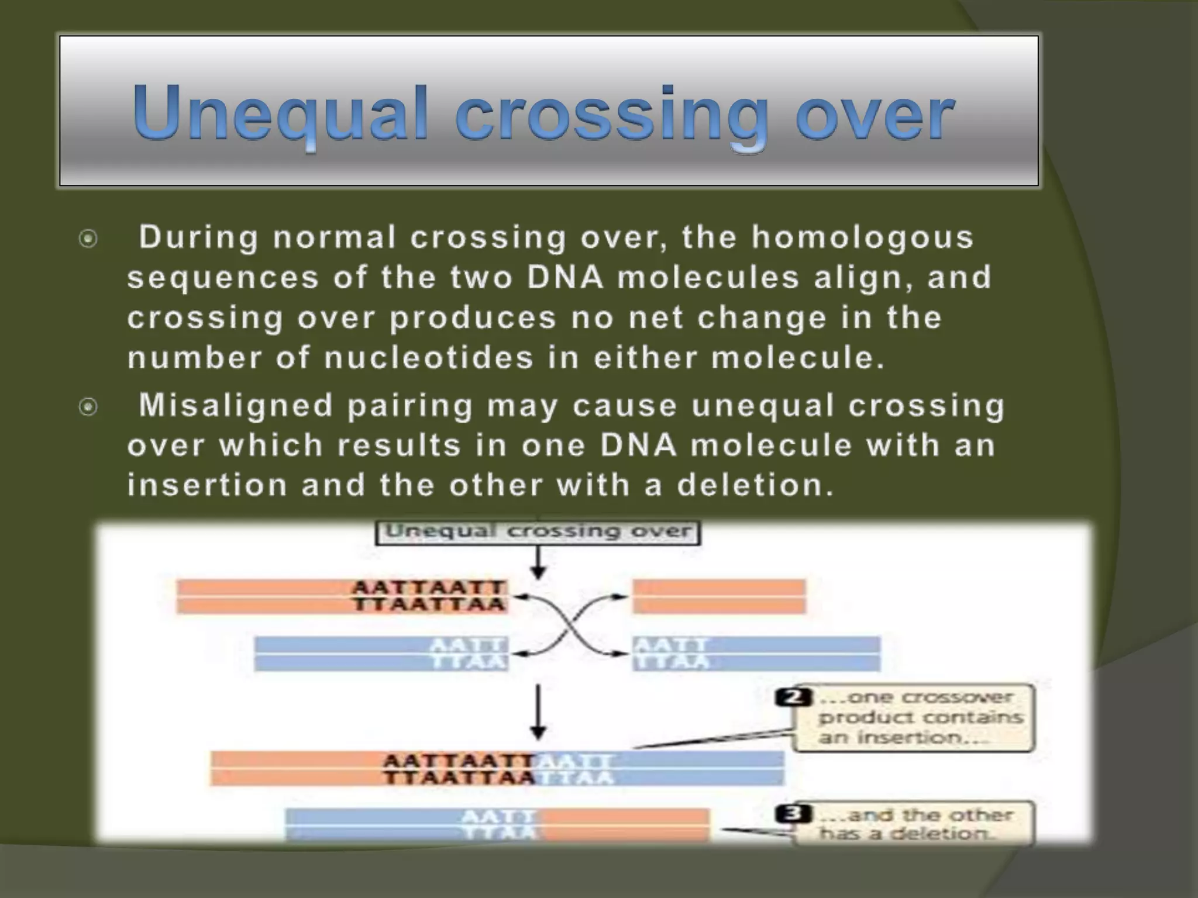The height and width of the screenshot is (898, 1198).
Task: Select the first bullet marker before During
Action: coord(88,239)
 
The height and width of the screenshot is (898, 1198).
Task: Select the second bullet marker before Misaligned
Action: coord(88,406)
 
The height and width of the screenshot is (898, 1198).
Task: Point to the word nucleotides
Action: coord(429,358)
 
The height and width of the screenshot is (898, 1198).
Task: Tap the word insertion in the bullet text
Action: coord(207,485)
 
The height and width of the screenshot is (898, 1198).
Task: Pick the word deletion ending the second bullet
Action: coord(755,485)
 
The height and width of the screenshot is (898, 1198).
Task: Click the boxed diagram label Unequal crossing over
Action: coord(538,531)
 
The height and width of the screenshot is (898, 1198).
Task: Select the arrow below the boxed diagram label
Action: coord(538,562)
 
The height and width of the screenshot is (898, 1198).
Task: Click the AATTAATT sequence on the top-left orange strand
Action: coord(429,587)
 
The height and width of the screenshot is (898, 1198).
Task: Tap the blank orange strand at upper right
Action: coord(719,596)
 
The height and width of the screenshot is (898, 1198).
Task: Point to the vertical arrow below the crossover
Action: coord(538,712)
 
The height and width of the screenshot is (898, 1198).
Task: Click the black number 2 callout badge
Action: coord(793,697)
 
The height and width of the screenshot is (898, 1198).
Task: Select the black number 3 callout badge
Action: coord(793,814)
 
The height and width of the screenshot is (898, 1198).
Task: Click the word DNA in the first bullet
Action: coord(564,278)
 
